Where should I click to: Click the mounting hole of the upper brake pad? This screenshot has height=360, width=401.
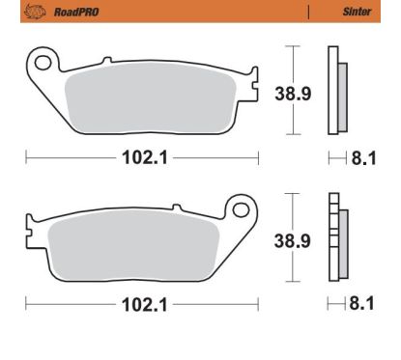pyautogui.click(x=43, y=64)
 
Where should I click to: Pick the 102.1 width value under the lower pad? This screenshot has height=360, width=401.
pyautogui.click(x=142, y=306)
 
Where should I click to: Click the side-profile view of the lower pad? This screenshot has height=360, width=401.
pyautogui.click(x=336, y=238)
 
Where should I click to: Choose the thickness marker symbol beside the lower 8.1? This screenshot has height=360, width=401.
pyautogui.click(x=333, y=306)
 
